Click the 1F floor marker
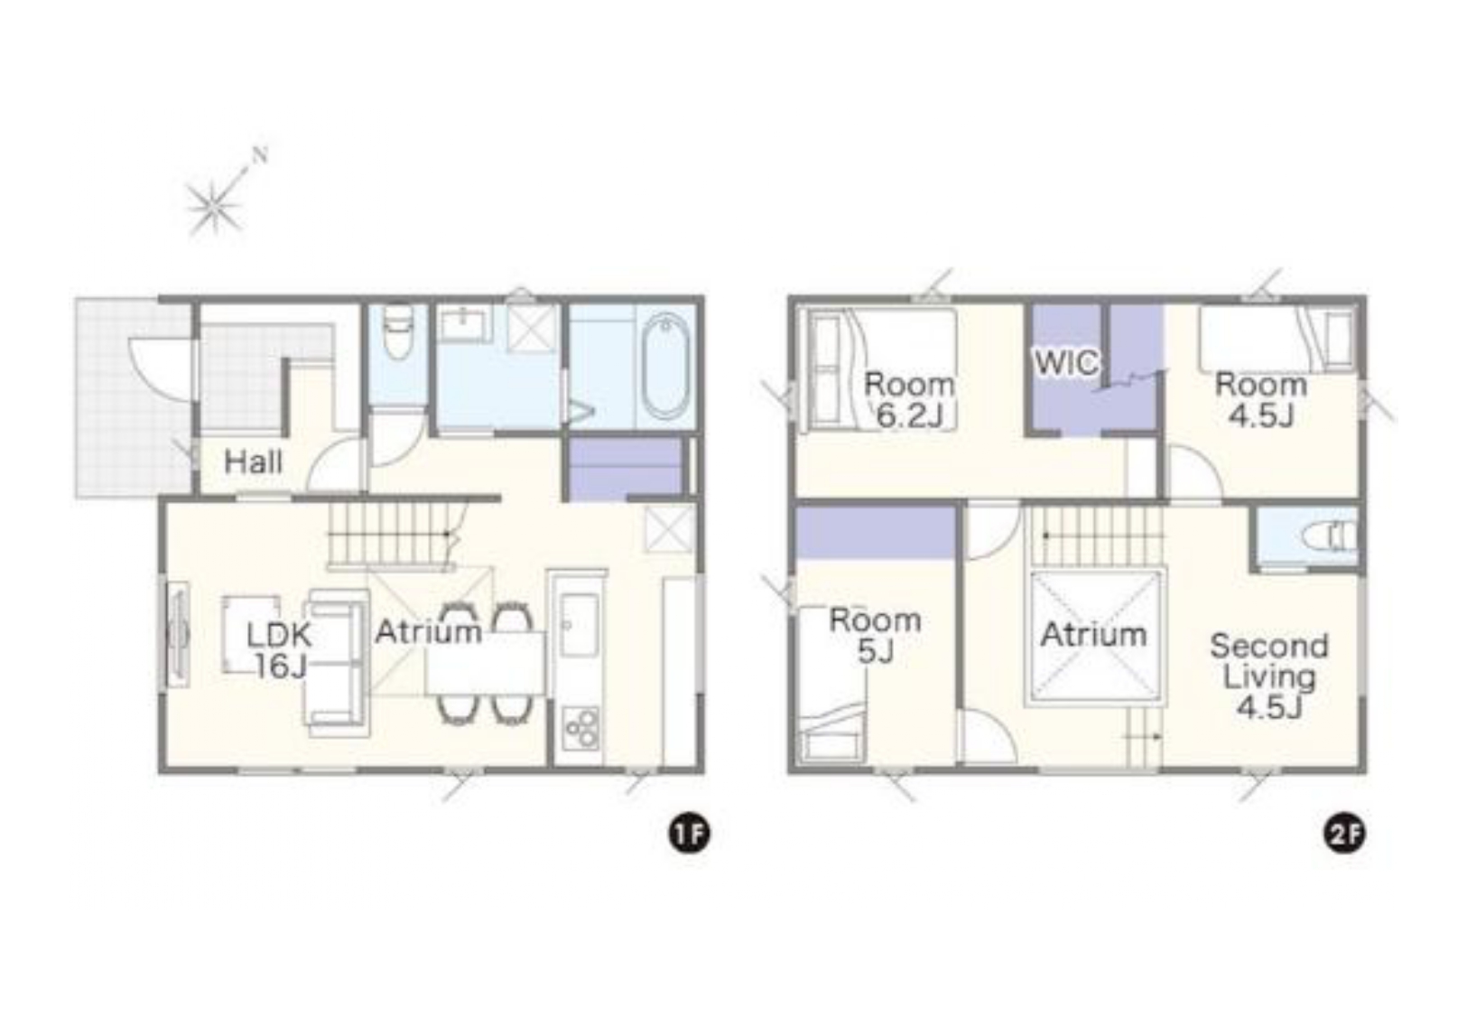pyautogui.click(x=688, y=834)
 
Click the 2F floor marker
pyautogui.click(x=1345, y=834)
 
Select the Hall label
pyautogui.click(x=254, y=462)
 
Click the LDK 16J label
pyautogui.click(x=278, y=650)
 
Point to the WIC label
pyautogui.click(x=1066, y=363)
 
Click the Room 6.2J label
pyautogui.click(x=909, y=400)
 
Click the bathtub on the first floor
pyautogui.click(x=665, y=366)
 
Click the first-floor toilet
pyautogui.click(x=397, y=331)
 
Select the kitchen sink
pyautogui.click(x=579, y=626)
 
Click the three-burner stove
pyautogui.click(x=580, y=728)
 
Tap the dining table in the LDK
pyautogui.click(x=485, y=662)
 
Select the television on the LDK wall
pyautogui.click(x=177, y=634)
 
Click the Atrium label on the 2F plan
pyautogui.click(x=1093, y=635)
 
